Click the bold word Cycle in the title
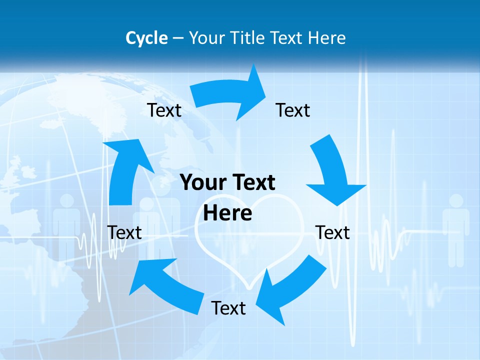tap(146, 38)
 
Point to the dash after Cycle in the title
tap(178, 38)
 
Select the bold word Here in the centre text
tap(227, 213)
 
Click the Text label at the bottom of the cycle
tap(228, 308)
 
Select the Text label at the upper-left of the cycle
tap(164, 110)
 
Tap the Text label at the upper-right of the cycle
tap(293, 110)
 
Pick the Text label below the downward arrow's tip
tap(332, 232)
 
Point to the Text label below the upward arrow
tap(124, 232)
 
